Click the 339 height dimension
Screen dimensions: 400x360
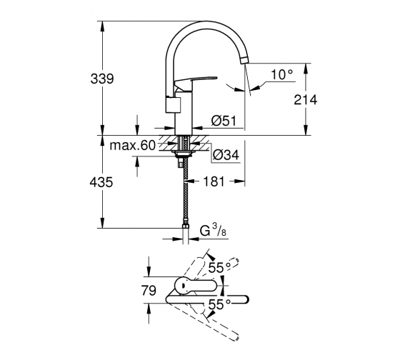tap(102, 79)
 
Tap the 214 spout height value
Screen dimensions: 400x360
tap(306, 99)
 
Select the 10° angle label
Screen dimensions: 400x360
tap(281, 75)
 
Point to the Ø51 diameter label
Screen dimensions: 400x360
tap(224, 121)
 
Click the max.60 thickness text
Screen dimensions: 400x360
tap(132, 146)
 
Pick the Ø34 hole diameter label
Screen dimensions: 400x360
tap(226, 154)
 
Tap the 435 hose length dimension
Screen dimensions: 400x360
tap(101, 182)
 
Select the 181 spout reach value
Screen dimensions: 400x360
tap(214, 181)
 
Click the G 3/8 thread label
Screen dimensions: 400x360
tap(213, 231)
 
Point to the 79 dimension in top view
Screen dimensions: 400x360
tap(149, 291)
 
